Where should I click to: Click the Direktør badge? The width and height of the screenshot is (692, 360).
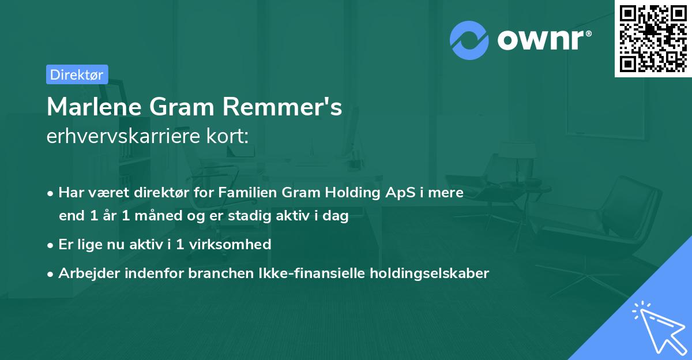click(x=77, y=74)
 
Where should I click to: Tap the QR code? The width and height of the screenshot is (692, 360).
click(x=653, y=38)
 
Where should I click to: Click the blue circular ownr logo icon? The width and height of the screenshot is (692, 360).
click(x=469, y=39)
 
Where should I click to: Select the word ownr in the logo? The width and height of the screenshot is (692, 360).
click(x=542, y=39)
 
